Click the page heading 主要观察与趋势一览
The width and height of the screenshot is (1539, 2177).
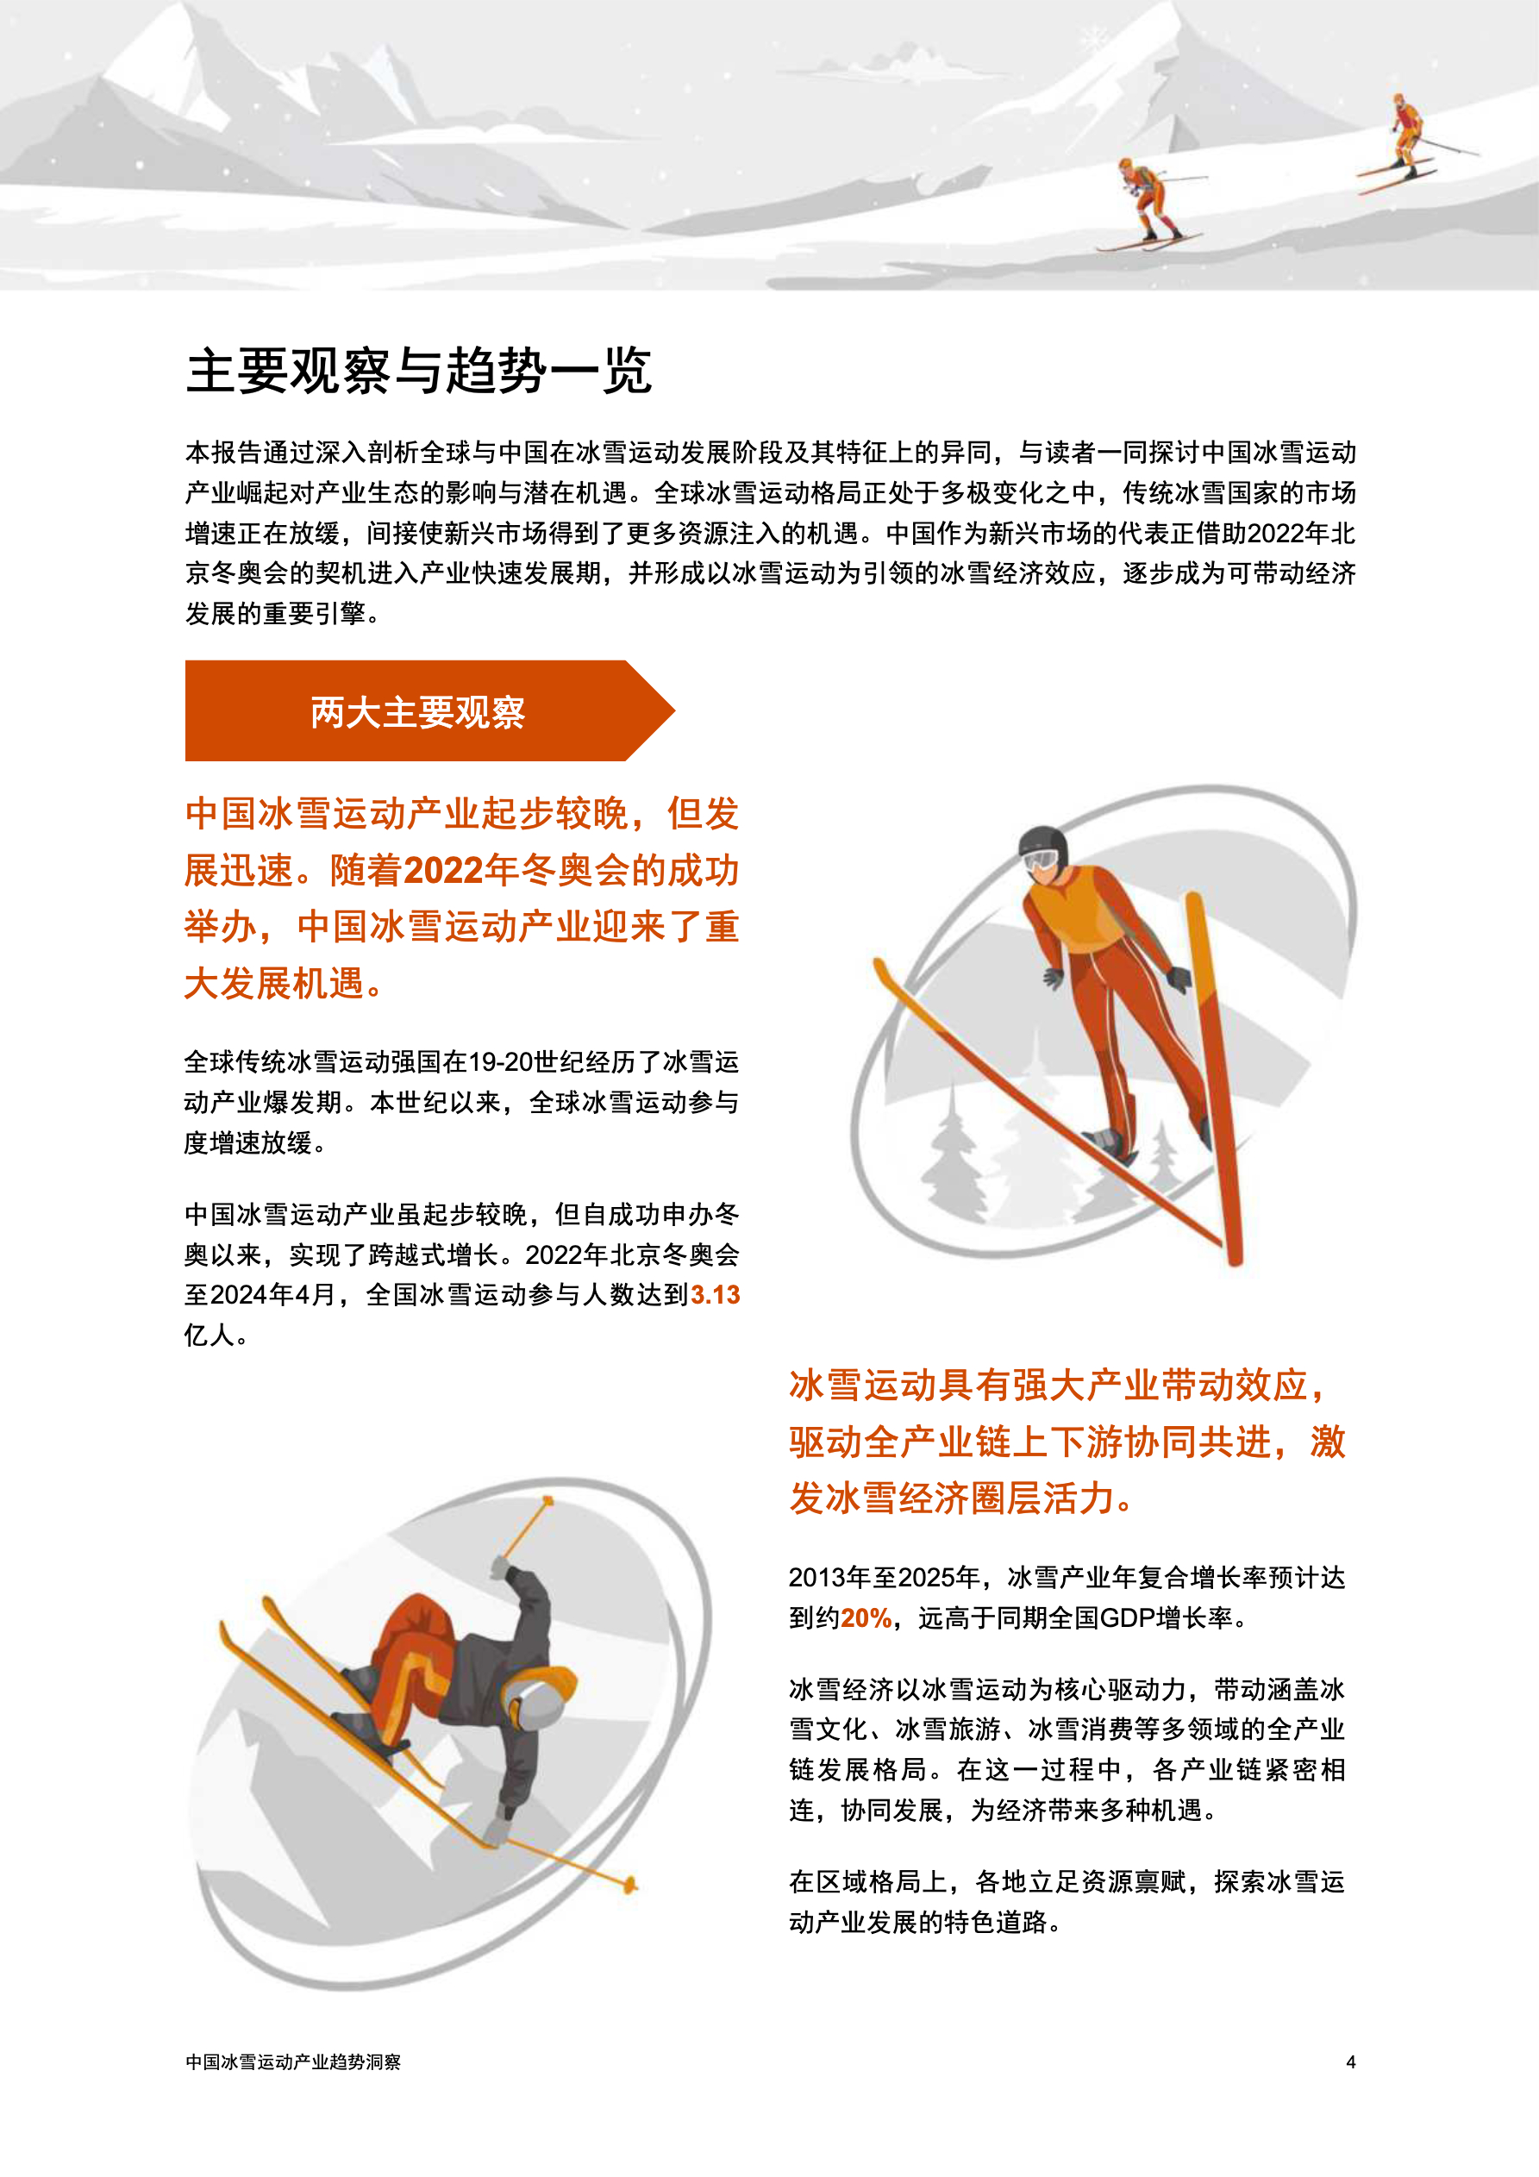click(418, 370)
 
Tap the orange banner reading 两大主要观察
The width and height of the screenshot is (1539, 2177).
click(429, 710)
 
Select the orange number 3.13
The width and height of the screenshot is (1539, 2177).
click(715, 1294)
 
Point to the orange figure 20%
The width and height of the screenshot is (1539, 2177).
click(866, 1617)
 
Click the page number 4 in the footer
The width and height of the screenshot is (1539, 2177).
click(1350, 2061)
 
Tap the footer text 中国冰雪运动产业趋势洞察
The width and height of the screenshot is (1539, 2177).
click(293, 2061)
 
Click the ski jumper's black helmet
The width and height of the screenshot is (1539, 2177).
click(1042, 843)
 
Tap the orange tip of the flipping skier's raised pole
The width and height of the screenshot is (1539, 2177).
click(548, 1501)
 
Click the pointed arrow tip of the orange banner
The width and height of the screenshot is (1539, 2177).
click(673, 710)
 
